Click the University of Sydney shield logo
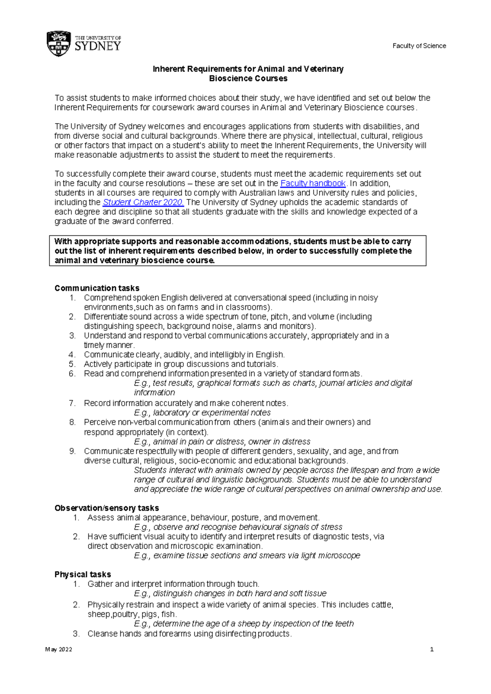point(59,43)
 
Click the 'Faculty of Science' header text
point(419,46)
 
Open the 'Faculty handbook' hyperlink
point(313,183)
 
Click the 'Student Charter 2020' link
point(143,202)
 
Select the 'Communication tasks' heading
point(97,288)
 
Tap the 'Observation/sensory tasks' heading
point(107,508)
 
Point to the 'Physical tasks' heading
point(83,574)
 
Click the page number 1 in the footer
point(432,649)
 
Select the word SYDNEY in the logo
point(98,46)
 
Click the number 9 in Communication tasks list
point(72,451)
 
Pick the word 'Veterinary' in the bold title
point(324,69)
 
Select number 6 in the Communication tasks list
point(72,373)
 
